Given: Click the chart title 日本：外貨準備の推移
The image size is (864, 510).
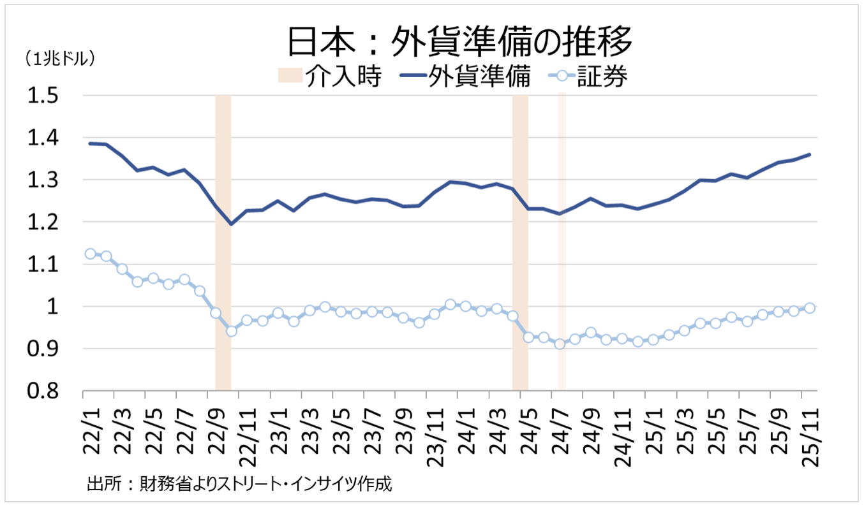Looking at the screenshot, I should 459,43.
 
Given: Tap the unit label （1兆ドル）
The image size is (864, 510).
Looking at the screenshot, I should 59,59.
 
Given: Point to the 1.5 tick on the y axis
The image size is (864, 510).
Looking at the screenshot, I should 42,96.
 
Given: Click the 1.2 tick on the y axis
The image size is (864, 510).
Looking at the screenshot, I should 42,222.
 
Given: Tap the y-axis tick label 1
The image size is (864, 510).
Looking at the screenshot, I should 52,307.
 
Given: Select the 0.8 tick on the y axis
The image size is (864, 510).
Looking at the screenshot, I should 42,391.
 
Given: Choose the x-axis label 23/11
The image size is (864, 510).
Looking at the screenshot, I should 435,433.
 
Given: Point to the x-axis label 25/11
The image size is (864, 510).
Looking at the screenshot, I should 809,433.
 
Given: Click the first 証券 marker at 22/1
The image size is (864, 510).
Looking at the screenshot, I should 91,254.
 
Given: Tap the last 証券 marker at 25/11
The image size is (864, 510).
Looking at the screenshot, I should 810,308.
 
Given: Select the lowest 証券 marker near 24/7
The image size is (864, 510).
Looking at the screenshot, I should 560,344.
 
